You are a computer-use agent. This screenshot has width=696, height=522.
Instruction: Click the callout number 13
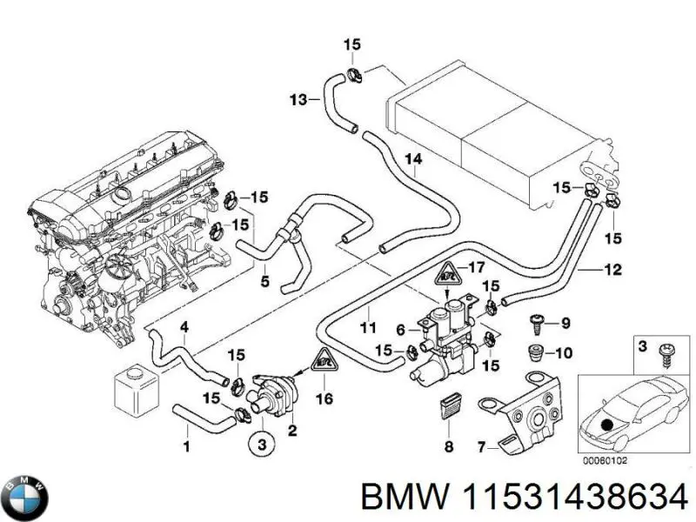pos(298,100)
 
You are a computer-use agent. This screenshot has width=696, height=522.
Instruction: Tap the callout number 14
pos(412,159)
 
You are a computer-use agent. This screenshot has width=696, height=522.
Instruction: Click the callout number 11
pos(368,328)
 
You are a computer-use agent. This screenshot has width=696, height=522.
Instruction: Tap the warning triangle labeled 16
pos(324,359)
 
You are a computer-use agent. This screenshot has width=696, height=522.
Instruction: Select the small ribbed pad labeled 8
pos(449,408)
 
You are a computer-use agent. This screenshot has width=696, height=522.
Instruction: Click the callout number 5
pos(264,281)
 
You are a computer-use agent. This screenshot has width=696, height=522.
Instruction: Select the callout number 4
pos(184,327)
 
